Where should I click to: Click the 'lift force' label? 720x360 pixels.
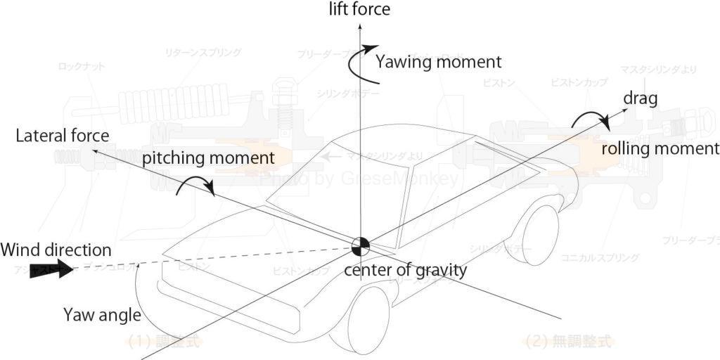point(359,9)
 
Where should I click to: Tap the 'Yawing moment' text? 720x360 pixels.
point(438,62)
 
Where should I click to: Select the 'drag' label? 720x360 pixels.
point(640,98)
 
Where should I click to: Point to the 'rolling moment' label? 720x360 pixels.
point(660,148)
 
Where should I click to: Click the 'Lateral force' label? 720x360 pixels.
point(63,136)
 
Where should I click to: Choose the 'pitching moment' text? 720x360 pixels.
point(208,157)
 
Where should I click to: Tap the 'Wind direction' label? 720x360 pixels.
point(56,250)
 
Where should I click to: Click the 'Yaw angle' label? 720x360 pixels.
point(102,314)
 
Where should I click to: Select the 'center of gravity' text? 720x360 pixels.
point(405,269)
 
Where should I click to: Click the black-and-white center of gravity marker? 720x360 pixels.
point(361,247)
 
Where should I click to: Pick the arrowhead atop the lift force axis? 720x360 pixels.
point(359,27)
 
